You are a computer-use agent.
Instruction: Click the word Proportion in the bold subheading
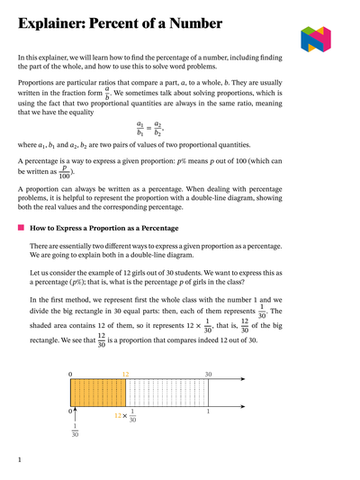click(x=117, y=229)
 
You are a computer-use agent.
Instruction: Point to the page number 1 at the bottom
click(x=20, y=460)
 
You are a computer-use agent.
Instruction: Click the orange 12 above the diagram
click(x=126, y=373)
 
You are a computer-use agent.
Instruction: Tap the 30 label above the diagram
click(x=208, y=373)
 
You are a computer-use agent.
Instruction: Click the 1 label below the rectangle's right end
click(x=208, y=412)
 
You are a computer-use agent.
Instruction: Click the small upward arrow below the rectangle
click(x=75, y=413)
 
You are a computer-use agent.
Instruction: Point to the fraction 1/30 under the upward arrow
click(x=75, y=431)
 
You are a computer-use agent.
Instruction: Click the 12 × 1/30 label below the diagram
click(x=126, y=416)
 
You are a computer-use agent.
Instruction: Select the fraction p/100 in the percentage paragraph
click(x=63, y=171)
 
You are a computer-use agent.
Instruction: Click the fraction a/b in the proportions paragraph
click(x=107, y=92)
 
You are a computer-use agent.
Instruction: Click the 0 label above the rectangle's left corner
click(x=71, y=373)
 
